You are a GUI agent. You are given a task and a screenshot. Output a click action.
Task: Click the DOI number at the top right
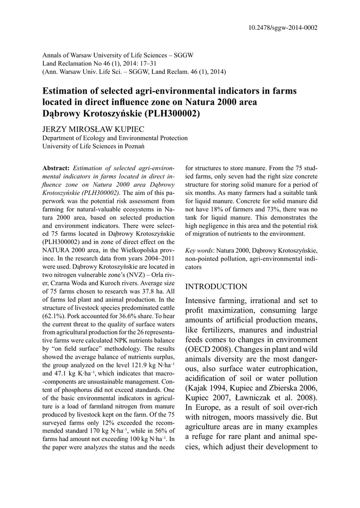pyautogui.click(x=283, y=28)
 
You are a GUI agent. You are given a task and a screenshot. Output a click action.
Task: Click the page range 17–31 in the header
pyautogui.click(x=144, y=63)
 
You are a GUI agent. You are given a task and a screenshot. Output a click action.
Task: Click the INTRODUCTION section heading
pyautogui.click(x=216, y=287)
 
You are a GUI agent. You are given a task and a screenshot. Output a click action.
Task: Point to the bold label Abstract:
pyautogui.click(x=57, y=168)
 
